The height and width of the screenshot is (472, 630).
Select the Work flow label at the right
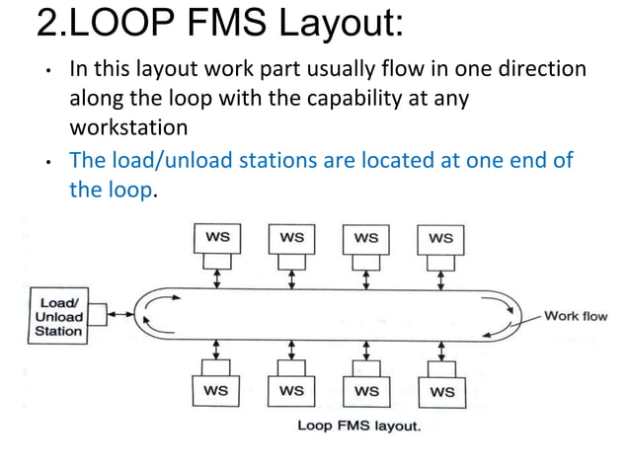[576, 316]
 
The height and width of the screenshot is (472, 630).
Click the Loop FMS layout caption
[359, 427]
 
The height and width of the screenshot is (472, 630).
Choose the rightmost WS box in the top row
[441, 238]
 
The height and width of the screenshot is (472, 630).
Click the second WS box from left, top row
[291, 238]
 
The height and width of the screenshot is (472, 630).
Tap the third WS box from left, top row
[366, 238]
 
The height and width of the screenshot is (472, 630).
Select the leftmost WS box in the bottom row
[215, 391]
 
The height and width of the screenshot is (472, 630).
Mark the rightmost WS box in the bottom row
[441, 391]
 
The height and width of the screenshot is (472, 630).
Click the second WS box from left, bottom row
[291, 391]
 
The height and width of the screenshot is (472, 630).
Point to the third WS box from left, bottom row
[366, 391]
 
